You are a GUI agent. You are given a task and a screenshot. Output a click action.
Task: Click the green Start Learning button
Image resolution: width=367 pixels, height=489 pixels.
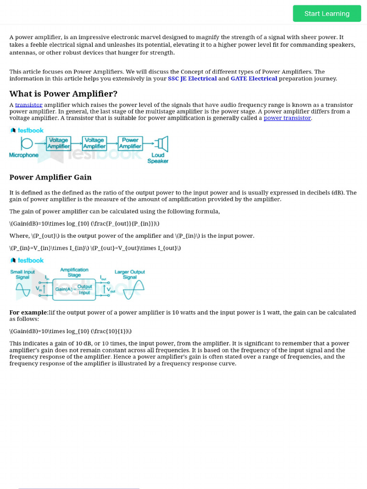click(x=327, y=13)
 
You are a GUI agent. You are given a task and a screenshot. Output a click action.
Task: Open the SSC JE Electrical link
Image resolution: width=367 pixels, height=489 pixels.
click(x=192, y=78)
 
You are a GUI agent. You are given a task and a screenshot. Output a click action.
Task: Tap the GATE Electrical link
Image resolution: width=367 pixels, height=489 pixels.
click(x=254, y=78)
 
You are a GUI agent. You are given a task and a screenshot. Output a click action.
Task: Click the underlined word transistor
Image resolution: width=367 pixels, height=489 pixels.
click(x=29, y=105)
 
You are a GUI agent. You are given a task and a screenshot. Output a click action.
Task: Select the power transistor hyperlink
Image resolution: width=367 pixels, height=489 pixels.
click(x=287, y=118)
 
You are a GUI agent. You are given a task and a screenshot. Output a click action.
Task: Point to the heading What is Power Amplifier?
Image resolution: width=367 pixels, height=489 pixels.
click(x=64, y=94)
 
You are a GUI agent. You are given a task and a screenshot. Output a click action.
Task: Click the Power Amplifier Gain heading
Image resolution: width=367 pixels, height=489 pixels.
click(x=51, y=177)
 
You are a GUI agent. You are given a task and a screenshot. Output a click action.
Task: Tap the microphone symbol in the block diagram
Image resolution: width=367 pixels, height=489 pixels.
click(x=27, y=143)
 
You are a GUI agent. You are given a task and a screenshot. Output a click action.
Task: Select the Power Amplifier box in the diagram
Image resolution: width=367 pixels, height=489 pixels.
click(x=130, y=143)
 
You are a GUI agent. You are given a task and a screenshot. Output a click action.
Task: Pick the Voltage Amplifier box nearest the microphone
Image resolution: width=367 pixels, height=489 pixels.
click(x=58, y=143)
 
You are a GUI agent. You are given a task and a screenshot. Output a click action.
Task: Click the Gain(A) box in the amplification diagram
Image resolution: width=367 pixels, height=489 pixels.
click(x=74, y=289)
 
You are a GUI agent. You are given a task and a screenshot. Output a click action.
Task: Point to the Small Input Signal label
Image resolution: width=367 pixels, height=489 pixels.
click(x=22, y=274)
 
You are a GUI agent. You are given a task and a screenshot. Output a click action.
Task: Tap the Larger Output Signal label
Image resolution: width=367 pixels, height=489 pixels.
click(x=130, y=274)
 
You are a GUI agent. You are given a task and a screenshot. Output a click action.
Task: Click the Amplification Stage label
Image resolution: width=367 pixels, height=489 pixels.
click(x=74, y=272)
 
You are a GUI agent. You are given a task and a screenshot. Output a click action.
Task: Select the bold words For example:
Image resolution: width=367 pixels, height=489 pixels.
click(x=29, y=312)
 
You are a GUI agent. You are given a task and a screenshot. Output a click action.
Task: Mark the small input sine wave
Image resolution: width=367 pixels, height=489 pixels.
click(x=22, y=289)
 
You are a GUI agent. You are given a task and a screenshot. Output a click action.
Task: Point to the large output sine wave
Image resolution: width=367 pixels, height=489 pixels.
click(x=134, y=289)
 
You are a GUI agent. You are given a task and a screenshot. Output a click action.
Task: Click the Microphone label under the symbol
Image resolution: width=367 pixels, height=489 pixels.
click(x=24, y=155)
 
